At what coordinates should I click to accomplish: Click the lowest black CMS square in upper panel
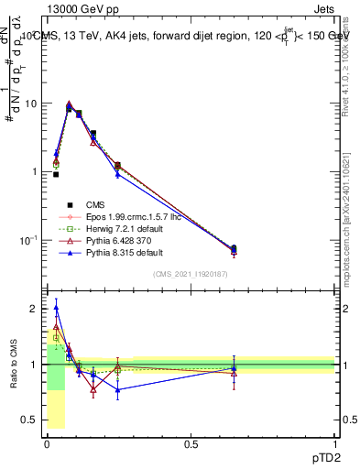234,248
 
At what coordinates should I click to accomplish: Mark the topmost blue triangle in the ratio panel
56,308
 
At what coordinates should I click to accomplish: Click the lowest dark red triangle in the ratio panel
93,389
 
